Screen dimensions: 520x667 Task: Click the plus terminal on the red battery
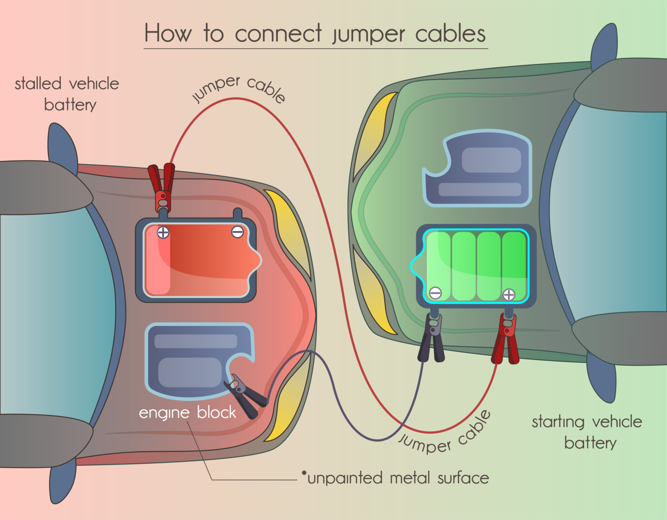coord(163,232)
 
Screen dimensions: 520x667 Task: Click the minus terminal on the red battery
coord(237,232)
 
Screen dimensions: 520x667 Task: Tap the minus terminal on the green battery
coord(435,293)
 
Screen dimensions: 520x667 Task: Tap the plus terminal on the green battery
coord(509,295)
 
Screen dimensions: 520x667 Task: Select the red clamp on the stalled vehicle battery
coord(162,187)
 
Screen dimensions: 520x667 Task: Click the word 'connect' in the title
coord(278,34)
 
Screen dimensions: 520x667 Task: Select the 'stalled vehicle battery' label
coord(67,94)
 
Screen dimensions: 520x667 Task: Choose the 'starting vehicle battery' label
coord(587,432)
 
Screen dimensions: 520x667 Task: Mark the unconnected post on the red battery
coord(238,214)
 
